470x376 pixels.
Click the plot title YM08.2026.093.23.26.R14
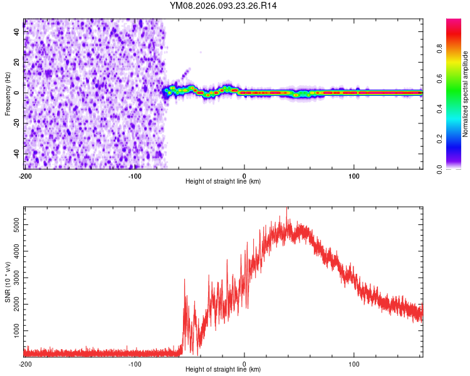click(x=223, y=6)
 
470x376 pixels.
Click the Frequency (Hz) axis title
click(x=8, y=93)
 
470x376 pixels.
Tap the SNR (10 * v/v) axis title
click(x=8, y=282)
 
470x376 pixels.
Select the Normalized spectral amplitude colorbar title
click(x=465, y=93)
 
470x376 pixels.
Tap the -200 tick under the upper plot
click(x=25, y=175)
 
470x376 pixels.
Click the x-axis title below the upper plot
click(x=223, y=182)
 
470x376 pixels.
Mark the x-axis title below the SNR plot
click(x=223, y=370)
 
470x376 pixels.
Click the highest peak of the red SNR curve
click(x=287, y=211)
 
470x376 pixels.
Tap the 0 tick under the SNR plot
click(x=244, y=363)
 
